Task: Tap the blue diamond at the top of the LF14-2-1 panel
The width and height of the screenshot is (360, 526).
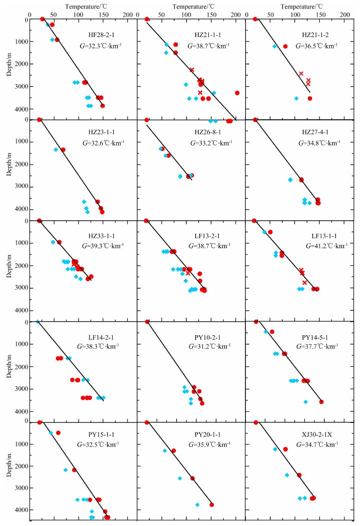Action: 38,322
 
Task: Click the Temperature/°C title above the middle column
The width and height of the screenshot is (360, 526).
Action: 192,7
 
